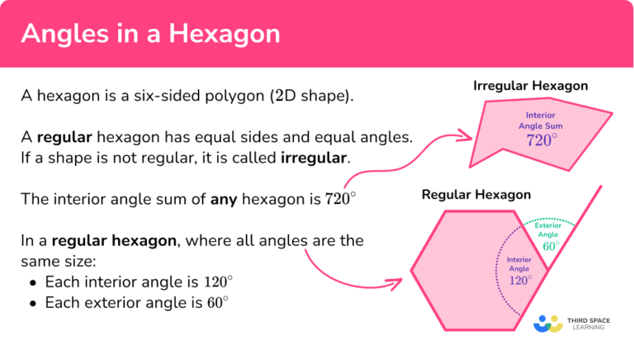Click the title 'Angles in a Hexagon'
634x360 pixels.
pos(150,35)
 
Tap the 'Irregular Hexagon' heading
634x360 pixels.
pos(530,86)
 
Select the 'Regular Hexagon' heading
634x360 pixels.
pos(476,195)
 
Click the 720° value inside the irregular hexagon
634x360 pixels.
pos(542,140)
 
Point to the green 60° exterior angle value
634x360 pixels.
pos(551,246)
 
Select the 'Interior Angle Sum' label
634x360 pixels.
pos(542,120)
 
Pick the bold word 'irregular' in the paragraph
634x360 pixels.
pos(314,157)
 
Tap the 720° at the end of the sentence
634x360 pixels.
pos(340,199)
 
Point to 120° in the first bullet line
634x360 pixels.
pos(217,282)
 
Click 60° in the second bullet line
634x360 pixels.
pos(216,303)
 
